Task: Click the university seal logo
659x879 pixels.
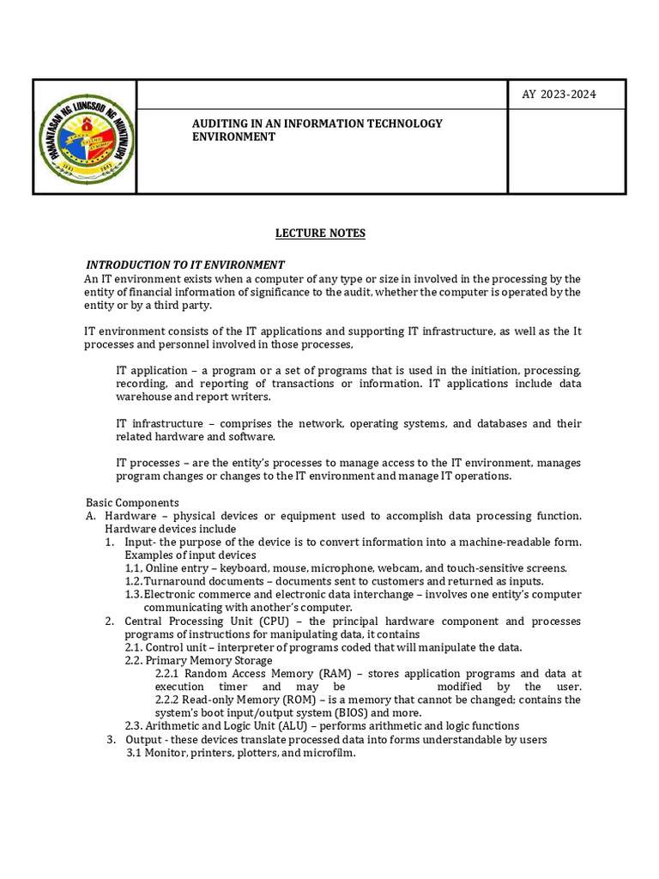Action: pos(84,137)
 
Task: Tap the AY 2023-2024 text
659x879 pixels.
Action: pos(559,94)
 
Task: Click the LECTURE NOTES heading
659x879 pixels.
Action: pos(320,233)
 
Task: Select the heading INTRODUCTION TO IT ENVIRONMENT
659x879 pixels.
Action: pos(184,264)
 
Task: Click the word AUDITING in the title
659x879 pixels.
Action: pos(219,124)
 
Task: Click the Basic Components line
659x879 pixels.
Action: pos(132,502)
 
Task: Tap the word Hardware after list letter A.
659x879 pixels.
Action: pos(130,515)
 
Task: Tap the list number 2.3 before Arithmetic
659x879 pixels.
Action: pos(135,726)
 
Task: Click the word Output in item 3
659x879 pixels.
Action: pos(143,739)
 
